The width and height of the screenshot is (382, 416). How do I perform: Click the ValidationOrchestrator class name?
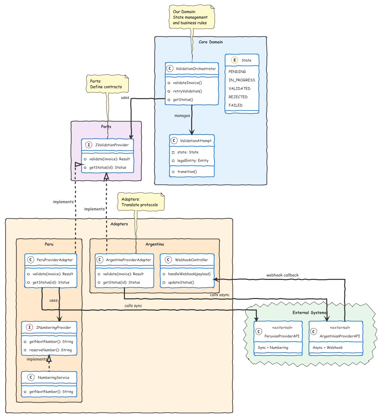(196, 69)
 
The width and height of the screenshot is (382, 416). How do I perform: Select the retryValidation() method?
(187, 91)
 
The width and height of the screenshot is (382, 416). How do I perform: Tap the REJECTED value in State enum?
(238, 97)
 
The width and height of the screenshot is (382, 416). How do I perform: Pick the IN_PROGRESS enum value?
(242, 80)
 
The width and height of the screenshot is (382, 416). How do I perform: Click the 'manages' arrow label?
(182, 116)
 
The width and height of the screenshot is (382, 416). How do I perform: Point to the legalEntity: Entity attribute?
(193, 161)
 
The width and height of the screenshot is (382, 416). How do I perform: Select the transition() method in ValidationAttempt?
(187, 172)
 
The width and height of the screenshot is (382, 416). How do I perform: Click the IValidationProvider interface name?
(112, 145)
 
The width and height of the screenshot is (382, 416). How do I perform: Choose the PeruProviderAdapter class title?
(55, 260)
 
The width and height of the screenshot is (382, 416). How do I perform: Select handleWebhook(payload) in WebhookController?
(189, 274)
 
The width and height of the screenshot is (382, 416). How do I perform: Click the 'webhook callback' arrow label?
(282, 275)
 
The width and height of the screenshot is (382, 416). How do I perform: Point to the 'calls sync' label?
(133, 306)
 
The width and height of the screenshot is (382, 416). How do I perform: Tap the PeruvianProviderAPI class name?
(282, 336)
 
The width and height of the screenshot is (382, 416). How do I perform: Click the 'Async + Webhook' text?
(328, 348)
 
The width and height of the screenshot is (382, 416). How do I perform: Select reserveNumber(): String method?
(50, 350)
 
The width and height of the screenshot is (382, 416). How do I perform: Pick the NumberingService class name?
(54, 378)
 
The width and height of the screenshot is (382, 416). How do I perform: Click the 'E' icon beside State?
(234, 60)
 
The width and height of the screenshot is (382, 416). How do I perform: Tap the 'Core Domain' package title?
(211, 42)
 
